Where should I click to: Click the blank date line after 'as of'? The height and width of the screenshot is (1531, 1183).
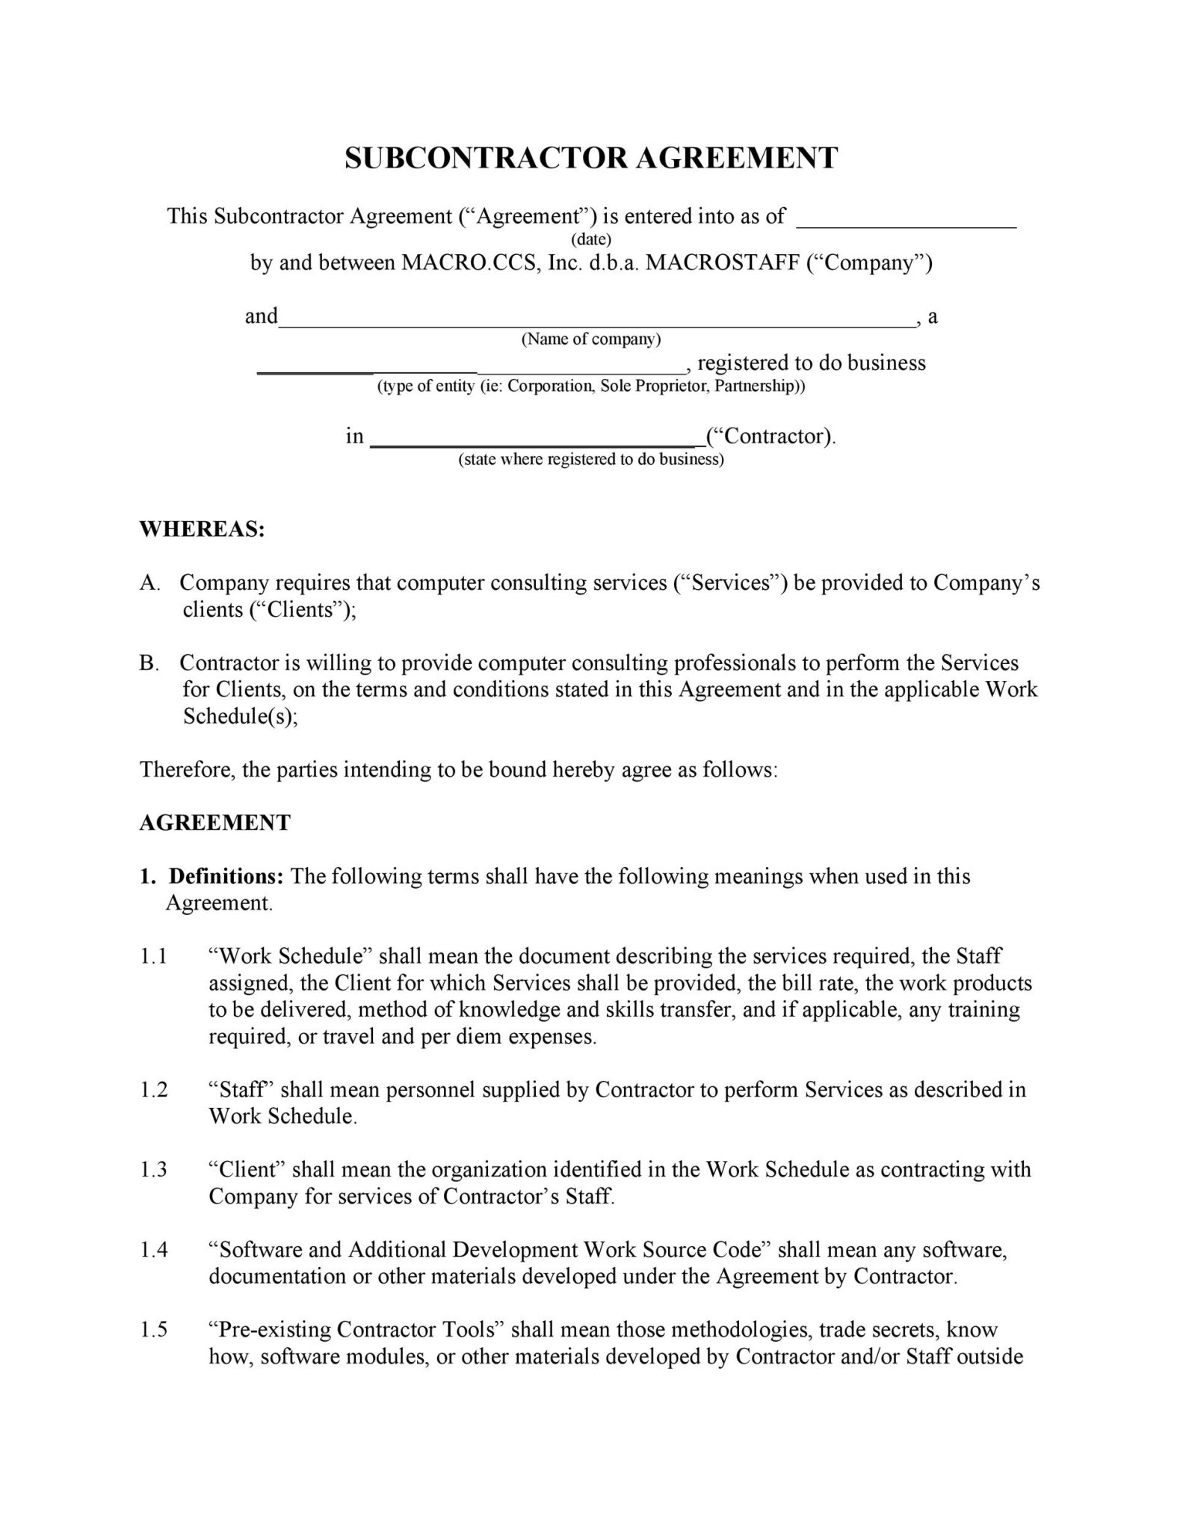pyautogui.click(x=907, y=222)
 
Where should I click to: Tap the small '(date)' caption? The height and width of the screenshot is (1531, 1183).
pyautogui.click(x=591, y=239)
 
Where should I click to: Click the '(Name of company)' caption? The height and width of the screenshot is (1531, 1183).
pyautogui.click(x=591, y=339)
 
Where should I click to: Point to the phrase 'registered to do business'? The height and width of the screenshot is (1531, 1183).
pyautogui.click(x=811, y=363)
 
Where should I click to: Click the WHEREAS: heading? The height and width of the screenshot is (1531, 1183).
pyautogui.click(x=202, y=529)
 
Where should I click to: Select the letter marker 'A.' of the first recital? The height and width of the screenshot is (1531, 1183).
pyautogui.click(x=149, y=583)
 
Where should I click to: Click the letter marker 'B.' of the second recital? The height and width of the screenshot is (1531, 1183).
pyautogui.click(x=149, y=663)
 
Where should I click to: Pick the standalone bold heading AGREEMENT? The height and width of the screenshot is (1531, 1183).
pyautogui.click(x=214, y=823)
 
